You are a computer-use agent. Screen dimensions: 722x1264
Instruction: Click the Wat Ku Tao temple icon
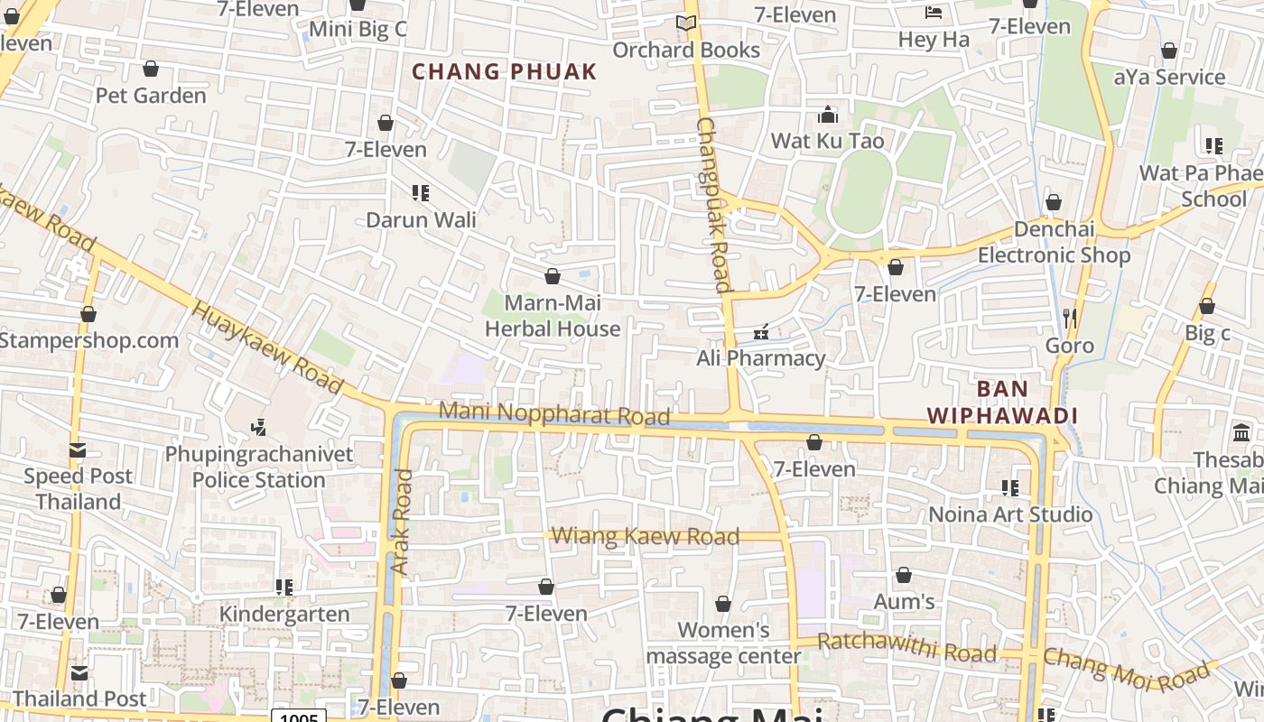click(x=827, y=115)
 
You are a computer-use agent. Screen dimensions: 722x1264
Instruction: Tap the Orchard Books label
click(x=686, y=50)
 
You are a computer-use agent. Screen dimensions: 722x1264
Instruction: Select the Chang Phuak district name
click(x=505, y=72)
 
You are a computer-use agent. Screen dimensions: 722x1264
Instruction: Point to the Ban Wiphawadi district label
click(x=1002, y=403)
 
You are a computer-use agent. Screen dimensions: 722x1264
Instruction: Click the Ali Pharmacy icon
click(x=761, y=332)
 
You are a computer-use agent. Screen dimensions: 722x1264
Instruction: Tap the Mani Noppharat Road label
click(x=554, y=413)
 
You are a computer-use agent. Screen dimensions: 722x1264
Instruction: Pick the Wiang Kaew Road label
click(x=645, y=536)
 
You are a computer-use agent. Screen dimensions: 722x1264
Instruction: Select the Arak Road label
click(x=402, y=522)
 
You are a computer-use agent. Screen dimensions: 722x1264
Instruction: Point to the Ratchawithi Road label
click(x=906, y=647)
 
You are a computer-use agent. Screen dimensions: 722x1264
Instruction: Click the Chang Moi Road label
click(x=1126, y=669)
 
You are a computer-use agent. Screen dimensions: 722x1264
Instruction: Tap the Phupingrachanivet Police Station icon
click(x=259, y=426)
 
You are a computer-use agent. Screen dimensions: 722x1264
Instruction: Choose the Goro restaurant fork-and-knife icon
click(x=1070, y=318)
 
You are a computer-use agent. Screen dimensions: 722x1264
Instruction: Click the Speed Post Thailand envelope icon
click(x=78, y=449)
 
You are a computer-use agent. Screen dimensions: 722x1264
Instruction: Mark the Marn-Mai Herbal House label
click(x=553, y=316)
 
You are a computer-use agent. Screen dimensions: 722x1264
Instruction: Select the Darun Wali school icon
click(x=420, y=192)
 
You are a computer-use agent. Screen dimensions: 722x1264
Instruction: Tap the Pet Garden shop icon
click(x=151, y=69)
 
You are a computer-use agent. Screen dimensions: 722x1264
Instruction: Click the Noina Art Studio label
click(x=1011, y=514)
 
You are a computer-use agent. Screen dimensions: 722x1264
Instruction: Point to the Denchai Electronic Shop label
click(x=1054, y=242)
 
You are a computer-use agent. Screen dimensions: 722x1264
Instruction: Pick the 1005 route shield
click(x=299, y=717)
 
